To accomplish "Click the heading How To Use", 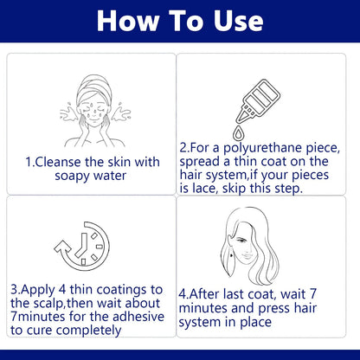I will pos(180,21).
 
